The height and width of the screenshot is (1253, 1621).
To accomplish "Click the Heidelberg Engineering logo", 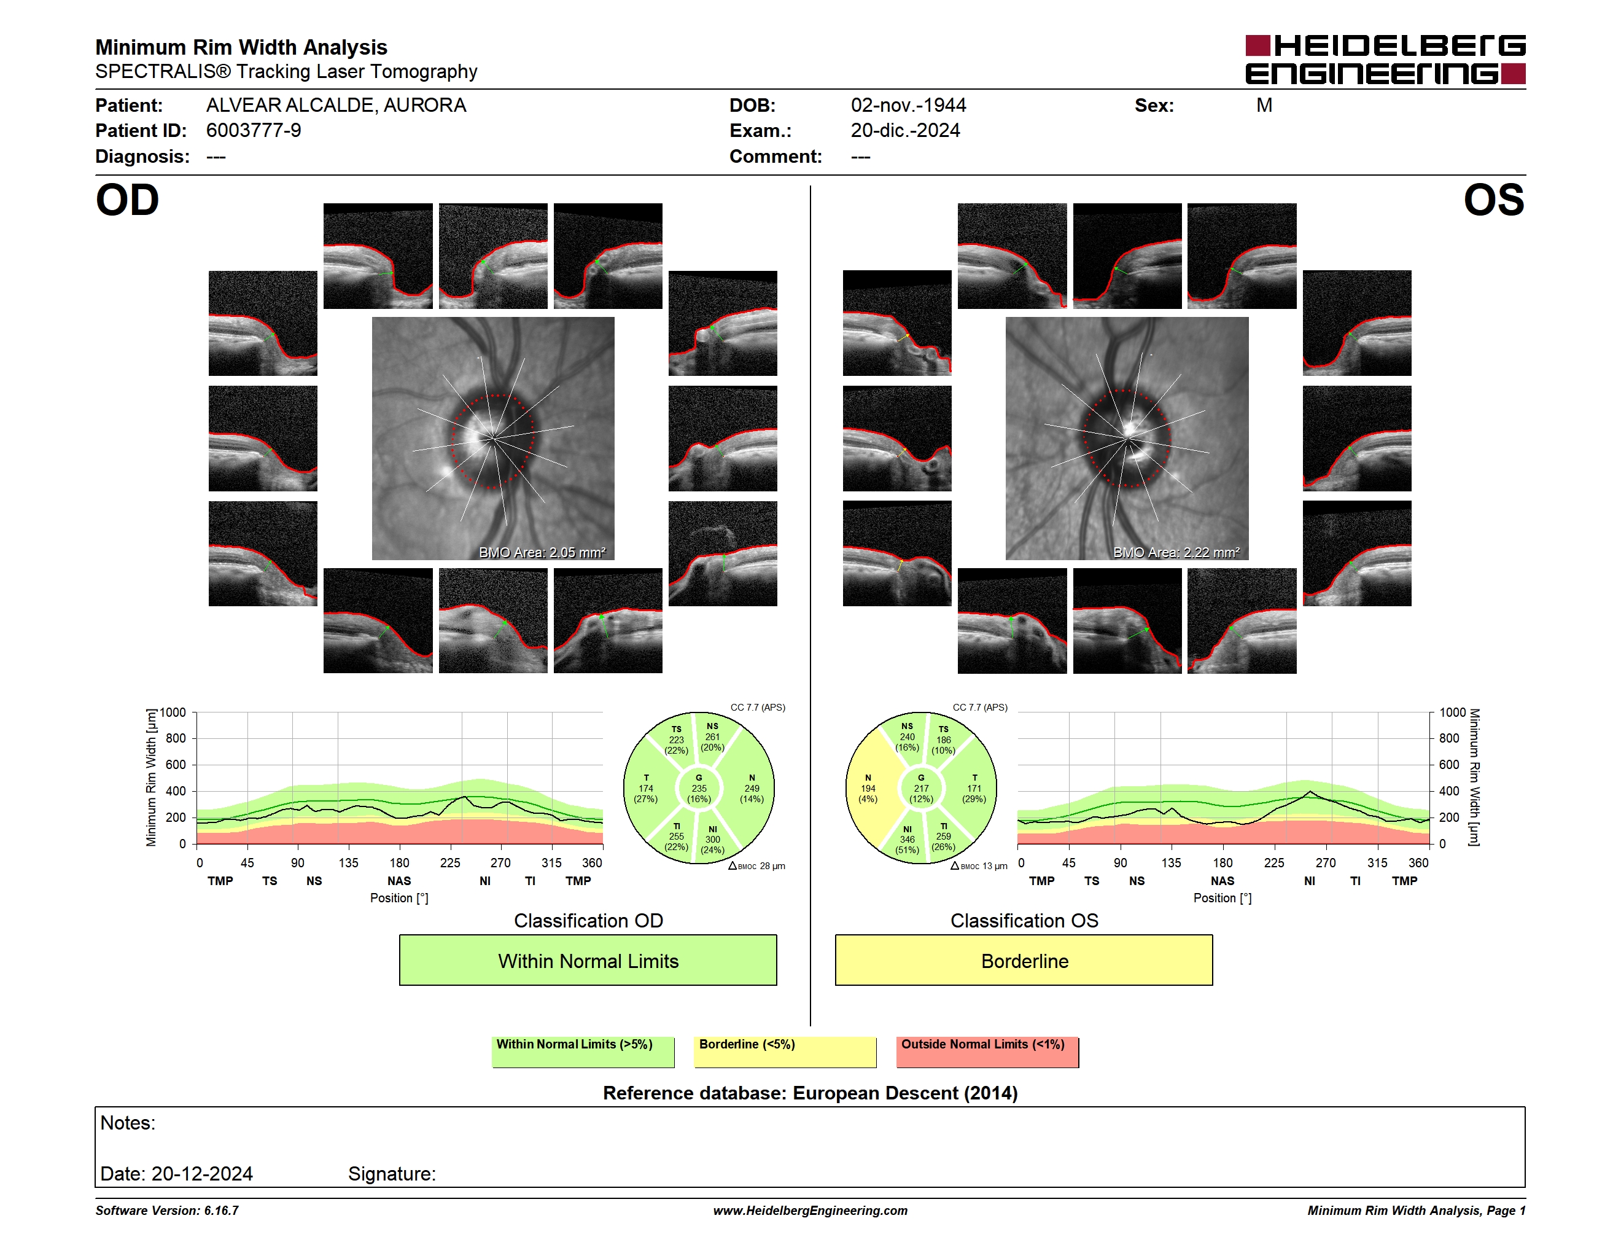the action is click(1385, 60).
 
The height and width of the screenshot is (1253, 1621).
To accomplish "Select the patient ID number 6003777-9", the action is click(254, 131).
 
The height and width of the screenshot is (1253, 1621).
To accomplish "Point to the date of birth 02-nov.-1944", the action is click(909, 106).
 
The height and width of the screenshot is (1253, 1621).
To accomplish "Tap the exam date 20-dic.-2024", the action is click(906, 131).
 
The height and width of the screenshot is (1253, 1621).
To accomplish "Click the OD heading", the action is click(128, 200).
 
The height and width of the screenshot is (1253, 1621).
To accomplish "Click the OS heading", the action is click(1493, 200).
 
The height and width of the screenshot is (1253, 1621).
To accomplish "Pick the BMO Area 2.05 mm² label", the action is click(543, 552).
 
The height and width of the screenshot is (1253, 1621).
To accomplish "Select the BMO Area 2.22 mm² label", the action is click(1176, 552).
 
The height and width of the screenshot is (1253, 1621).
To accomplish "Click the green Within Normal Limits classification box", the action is click(588, 960).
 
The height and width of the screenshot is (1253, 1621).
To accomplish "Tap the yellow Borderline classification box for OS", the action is click(1024, 960).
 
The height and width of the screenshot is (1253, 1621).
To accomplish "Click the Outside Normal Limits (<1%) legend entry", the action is click(987, 1052).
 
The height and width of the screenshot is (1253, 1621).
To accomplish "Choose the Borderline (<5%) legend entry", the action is click(785, 1052).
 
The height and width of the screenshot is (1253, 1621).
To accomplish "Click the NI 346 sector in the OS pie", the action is click(907, 839).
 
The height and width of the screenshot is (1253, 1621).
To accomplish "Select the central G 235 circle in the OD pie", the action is click(698, 788).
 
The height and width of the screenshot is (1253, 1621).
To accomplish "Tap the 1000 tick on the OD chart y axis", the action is click(173, 712).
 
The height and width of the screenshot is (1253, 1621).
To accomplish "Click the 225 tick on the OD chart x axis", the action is click(450, 862).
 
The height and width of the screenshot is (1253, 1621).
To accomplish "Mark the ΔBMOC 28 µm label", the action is click(757, 865).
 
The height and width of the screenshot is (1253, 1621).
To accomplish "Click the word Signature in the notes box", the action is click(392, 1174).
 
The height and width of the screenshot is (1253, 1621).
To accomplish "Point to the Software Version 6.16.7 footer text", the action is click(167, 1211).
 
